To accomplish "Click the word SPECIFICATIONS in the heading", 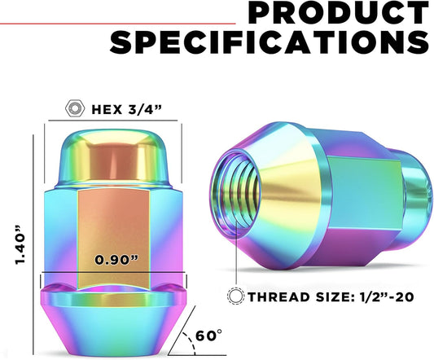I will [270, 42].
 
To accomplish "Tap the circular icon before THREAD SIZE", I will [238, 296].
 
